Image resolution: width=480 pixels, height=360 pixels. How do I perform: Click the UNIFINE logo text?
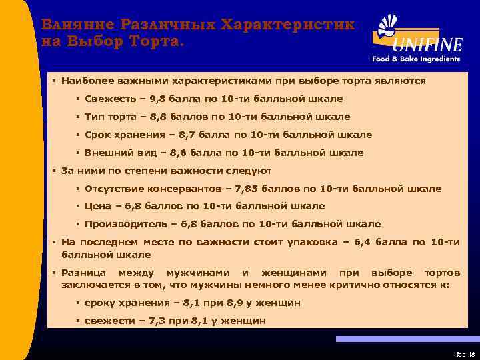coord(427,45)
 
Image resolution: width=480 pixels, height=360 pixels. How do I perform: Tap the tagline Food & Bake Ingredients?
coord(416,59)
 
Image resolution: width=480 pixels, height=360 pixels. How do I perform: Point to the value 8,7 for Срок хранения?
coord(197,135)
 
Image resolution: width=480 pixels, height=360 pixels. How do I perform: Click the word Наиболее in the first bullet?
coord(85,81)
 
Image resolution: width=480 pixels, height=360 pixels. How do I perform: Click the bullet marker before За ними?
coord(54,171)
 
